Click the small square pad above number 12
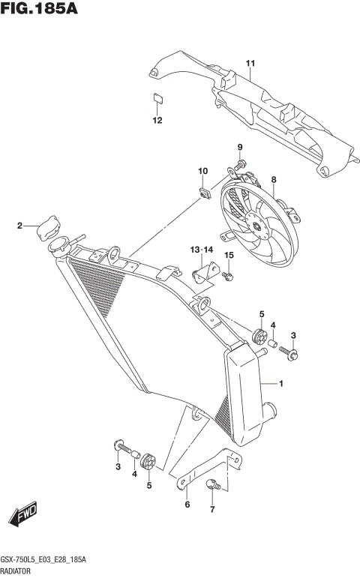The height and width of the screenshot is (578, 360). pyautogui.click(x=157, y=97)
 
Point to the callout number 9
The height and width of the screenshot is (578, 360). pyautogui.click(x=241, y=146)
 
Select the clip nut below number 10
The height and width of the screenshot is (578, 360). pyautogui.click(x=202, y=194)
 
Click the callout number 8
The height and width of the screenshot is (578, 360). pyautogui.click(x=274, y=179)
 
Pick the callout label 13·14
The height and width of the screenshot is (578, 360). pyautogui.click(x=202, y=249)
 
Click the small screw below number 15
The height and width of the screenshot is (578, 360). pyautogui.click(x=229, y=278)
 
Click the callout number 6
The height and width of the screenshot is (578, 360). pyautogui.click(x=187, y=505)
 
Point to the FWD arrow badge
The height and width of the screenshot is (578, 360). pyautogui.click(x=23, y=517)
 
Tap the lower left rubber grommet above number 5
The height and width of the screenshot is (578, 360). pyautogui.click(x=148, y=460)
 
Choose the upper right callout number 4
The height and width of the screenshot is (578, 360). pyautogui.click(x=273, y=325)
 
